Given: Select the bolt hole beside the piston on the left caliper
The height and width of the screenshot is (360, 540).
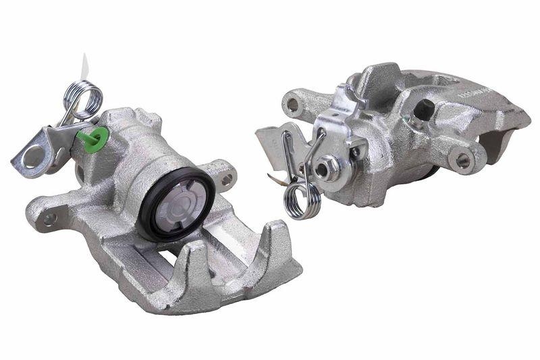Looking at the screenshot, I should [x=227, y=179].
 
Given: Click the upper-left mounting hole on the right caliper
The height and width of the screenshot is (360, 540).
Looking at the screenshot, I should [x=292, y=105].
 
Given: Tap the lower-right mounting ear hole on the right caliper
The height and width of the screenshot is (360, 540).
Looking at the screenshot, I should [x=462, y=161].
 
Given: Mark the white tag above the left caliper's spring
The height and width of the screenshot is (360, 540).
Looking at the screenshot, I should [x=84, y=66].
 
